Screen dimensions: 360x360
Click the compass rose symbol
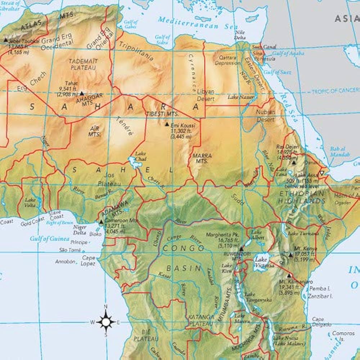pos(106,321)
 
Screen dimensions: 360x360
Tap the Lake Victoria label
pos(265,262)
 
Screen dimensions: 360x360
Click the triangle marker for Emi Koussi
pos(167,124)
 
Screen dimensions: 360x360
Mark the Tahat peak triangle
pos(82,93)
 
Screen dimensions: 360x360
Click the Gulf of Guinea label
pos(50,238)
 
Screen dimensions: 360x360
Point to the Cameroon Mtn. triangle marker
pos(101,222)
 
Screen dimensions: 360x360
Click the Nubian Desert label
pos(266,115)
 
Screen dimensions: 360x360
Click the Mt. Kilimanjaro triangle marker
pos(288,275)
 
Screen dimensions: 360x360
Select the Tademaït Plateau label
pos(83,64)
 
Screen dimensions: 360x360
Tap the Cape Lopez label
pos(89,261)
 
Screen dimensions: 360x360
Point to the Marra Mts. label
pos(202,159)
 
